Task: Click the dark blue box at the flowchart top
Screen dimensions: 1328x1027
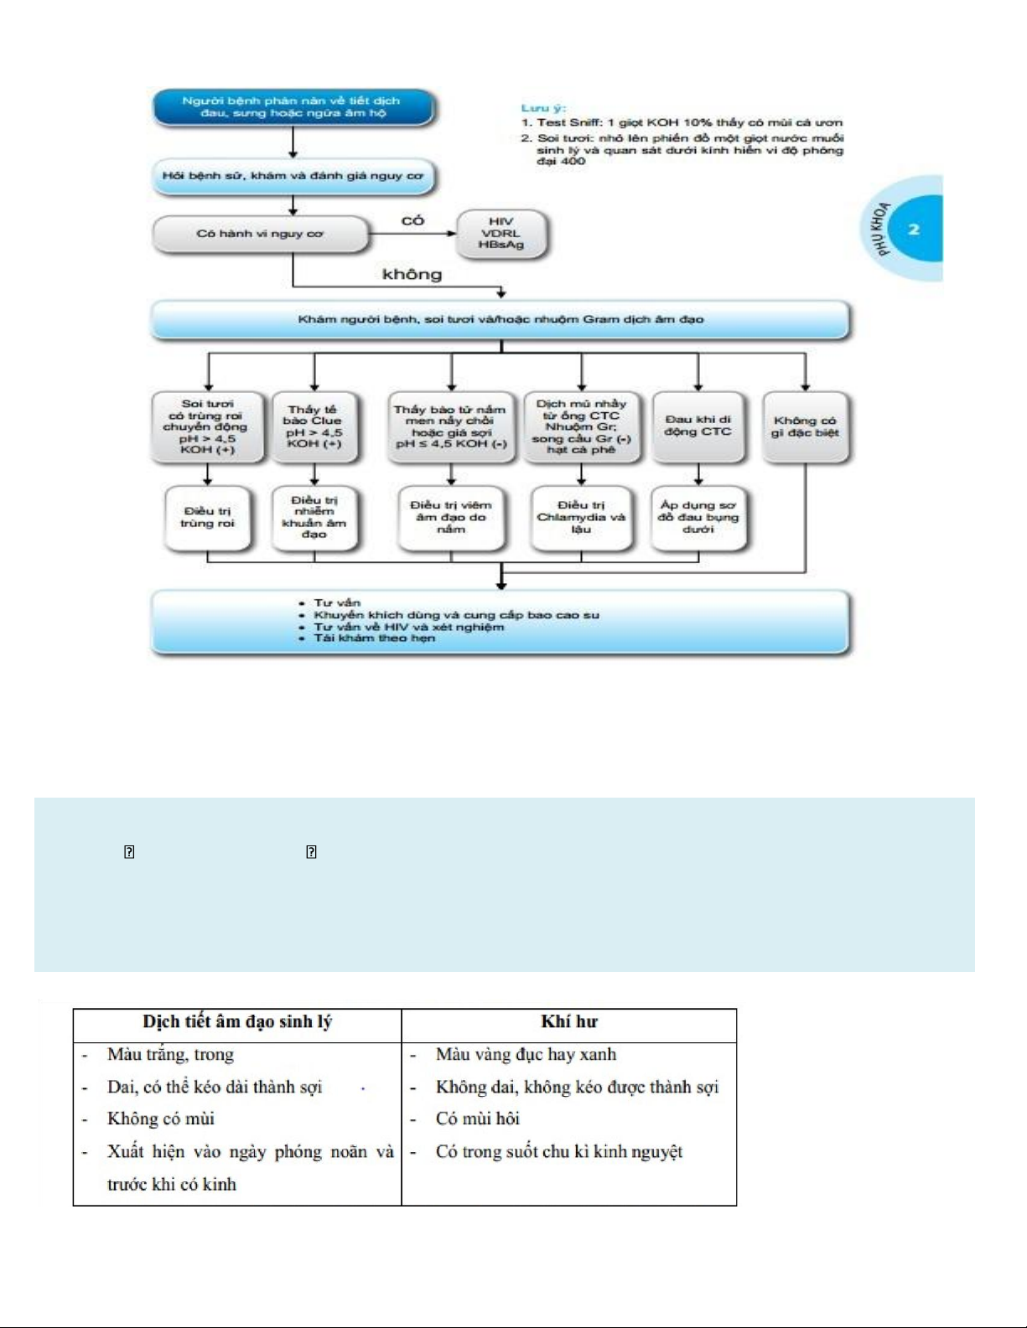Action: tap(293, 107)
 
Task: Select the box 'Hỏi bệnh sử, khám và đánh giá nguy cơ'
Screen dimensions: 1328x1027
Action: tap(293, 177)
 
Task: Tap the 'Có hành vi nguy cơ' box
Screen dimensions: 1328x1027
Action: tap(260, 234)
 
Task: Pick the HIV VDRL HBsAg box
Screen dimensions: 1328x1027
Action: tap(501, 233)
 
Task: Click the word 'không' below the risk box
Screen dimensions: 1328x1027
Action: tap(412, 274)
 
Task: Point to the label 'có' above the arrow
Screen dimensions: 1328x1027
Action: tap(412, 220)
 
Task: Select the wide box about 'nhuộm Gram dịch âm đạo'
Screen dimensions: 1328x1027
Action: tap(501, 319)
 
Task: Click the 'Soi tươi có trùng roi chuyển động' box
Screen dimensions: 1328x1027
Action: tap(207, 426)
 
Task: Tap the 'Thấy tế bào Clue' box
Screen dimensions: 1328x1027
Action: tap(314, 426)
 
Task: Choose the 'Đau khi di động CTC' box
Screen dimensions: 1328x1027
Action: tap(698, 426)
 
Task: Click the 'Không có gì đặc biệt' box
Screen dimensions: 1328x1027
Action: tap(805, 426)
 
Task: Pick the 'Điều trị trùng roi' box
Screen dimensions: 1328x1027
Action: tap(207, 517)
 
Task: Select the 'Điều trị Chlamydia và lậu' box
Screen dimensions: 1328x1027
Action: tap(581, 517)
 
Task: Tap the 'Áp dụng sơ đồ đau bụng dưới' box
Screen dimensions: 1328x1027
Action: tap(698, 517)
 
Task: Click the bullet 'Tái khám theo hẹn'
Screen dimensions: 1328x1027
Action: tap(374, 638)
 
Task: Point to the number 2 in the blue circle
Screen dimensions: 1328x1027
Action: tap(914, 229)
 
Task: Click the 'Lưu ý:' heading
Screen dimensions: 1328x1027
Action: tap(543, 108)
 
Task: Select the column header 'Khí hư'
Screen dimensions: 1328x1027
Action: tap(569, 1021)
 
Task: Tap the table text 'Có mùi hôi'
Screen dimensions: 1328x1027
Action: tap(477, 1119)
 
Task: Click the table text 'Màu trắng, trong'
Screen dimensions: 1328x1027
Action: tap(170, 1054)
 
